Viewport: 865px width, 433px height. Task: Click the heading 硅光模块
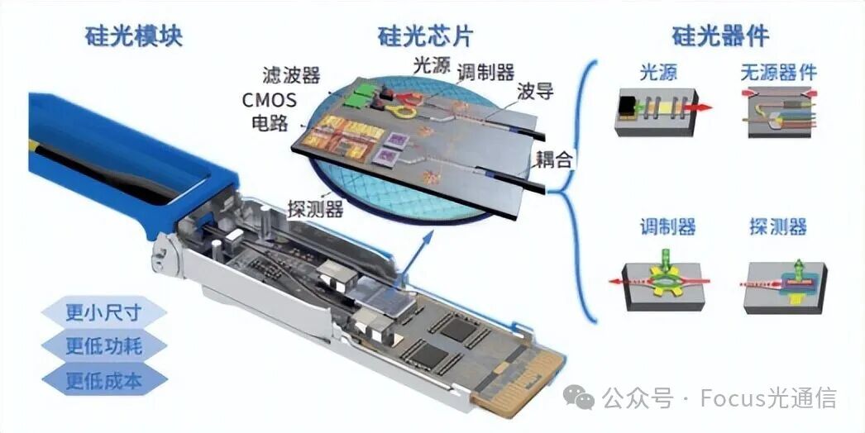click(x=133, y=36)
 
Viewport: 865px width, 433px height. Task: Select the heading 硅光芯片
click(x=425, y=36)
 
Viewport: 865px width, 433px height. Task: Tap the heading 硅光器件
click(x=720, y=36)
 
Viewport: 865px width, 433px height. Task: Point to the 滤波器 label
click(x=291, y=75)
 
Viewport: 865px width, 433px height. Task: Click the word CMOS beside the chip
click(x=270, y=100)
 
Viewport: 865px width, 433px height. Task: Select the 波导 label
click(x=535, y=92)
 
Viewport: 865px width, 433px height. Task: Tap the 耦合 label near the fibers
click(x=554, y=160)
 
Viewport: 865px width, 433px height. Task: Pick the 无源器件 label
click(x=778, y=72)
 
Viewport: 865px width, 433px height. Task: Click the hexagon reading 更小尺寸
click(x=103, y=312)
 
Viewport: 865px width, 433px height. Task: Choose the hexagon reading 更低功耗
click(x=103, y=346)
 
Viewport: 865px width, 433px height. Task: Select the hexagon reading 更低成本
click(x=103, y=380)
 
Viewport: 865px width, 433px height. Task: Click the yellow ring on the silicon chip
click(x=401, y=112)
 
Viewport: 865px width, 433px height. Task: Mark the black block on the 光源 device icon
click(x=627, y=106)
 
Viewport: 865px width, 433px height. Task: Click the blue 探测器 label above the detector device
click(x=778, y=226)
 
